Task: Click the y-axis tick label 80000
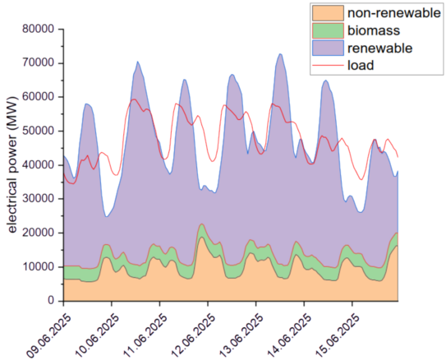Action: coord(38,29)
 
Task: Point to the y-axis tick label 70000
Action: coord(38,62)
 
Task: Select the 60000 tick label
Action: coord(38,97)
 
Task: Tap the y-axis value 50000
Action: coord(38,131)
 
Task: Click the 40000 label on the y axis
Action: coord(38,164)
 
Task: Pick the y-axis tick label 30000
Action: coord(38,199)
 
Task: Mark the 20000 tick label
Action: coord(38,233)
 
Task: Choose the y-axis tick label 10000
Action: coord(38,267)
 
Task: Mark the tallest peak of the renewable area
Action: coord(280,54)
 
